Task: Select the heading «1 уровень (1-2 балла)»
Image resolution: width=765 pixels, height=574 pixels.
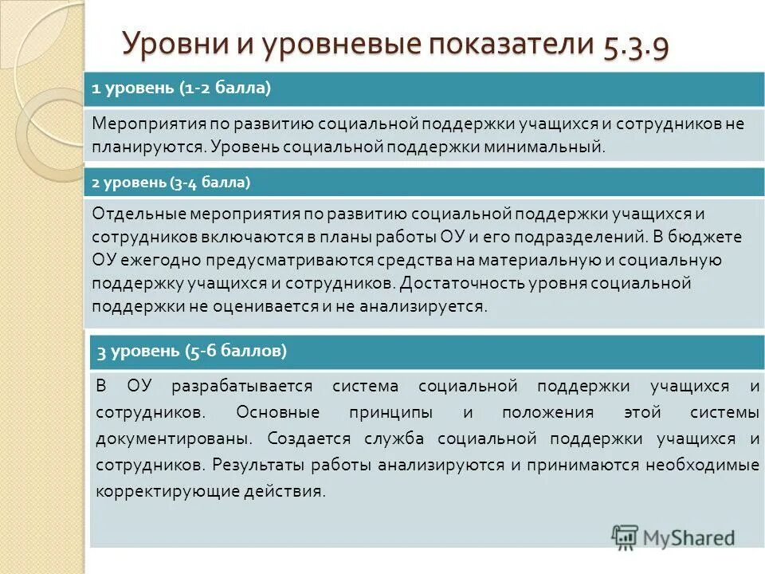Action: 182,89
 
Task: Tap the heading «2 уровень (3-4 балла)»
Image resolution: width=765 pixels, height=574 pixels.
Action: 171,183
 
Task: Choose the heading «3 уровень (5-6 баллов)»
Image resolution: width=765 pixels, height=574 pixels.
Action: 192,350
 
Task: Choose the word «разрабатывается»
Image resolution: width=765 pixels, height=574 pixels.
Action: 238,386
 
